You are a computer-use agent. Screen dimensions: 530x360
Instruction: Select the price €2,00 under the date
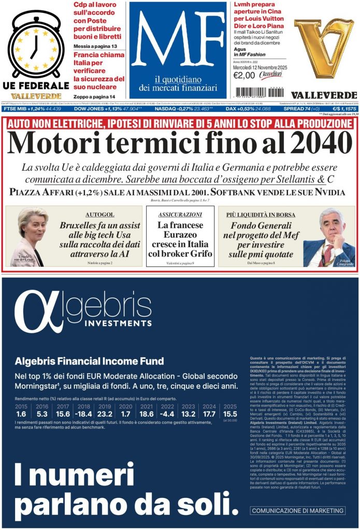(244, 76)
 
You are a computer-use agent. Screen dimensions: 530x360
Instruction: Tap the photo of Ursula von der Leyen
(30, 235)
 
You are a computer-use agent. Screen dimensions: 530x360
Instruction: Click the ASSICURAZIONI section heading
(180, 214)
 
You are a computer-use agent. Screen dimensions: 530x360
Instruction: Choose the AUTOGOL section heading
(99, 214)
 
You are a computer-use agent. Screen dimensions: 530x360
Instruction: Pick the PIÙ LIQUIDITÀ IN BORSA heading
(261, 214)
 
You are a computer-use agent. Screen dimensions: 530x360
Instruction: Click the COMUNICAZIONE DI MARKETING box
(298, 511)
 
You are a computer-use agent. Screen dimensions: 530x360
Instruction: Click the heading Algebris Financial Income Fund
(89, 361)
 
